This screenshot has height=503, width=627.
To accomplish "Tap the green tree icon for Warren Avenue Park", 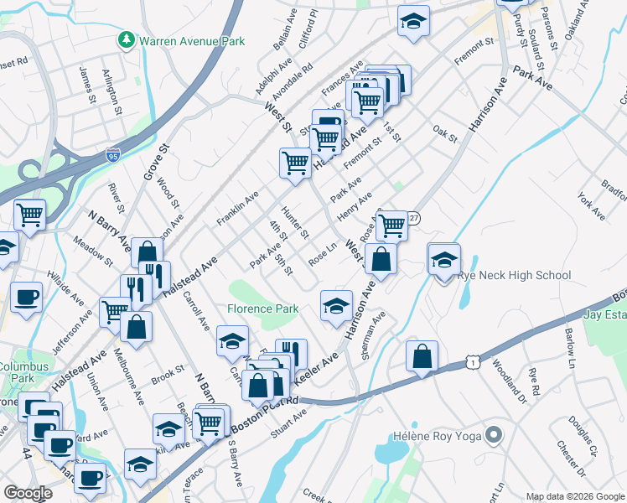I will click(x=127, y=39).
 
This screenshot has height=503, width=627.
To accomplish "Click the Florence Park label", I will click(x=262, y=309).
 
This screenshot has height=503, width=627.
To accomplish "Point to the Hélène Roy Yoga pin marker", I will click(x=493, y=436).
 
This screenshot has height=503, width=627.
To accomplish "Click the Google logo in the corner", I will click(x=27, y=493).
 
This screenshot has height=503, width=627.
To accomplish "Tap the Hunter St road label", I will click(x=296, y=221).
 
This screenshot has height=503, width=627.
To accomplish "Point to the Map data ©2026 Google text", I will click(x=575, y=496).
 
